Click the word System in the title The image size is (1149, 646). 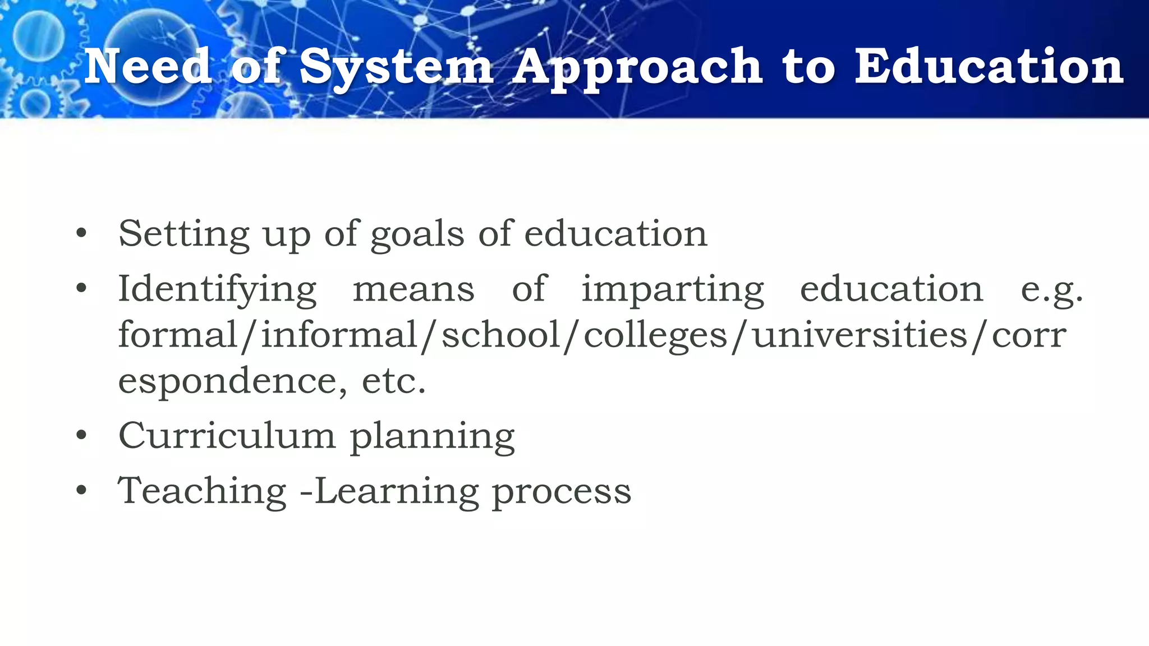[x=396, y=68]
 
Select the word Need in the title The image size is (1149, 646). [x=148, y=67]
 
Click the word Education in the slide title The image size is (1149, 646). [x=989, y=67]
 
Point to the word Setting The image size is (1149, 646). [x=184, y=234]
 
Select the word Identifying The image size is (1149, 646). [x=217, y=290]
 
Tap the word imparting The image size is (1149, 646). [x=672, y=290]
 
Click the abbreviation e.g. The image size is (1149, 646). [x=1051, y=290]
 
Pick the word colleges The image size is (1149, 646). [x=655, y=336]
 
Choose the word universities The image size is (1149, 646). [x=860, y=335]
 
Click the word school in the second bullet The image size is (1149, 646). [x=501, y=335]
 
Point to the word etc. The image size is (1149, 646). [x=394, y=381]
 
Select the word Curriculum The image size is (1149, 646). [x=227, y=435]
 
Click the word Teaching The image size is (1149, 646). [x=203, y=491]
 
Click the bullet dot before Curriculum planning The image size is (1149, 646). [x=82, y=435]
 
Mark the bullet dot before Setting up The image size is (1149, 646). [x=82, y=234]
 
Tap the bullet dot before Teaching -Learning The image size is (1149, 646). [x=82, y=491]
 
